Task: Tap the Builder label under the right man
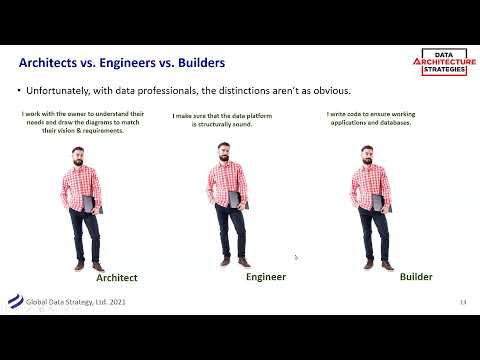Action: click(x=416, y=276)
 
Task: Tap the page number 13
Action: click(x=463, y=302)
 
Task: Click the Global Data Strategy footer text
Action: click(x=77, y=301)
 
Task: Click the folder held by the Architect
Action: click(x=88, y=204)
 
